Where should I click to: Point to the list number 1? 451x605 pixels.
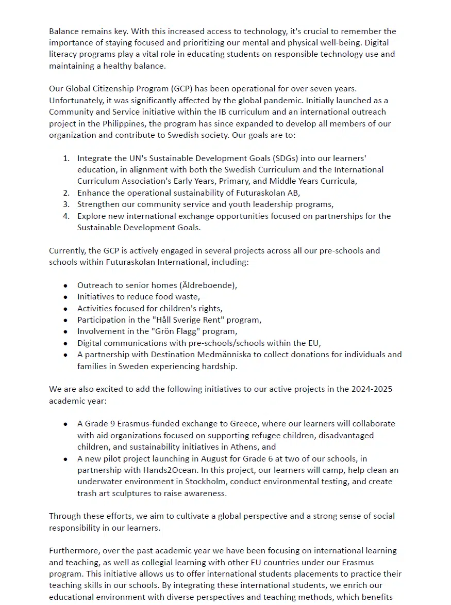66,158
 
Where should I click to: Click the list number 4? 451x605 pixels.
66,216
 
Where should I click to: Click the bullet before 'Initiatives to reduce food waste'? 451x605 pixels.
65,297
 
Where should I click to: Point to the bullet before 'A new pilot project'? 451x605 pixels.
65,458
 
